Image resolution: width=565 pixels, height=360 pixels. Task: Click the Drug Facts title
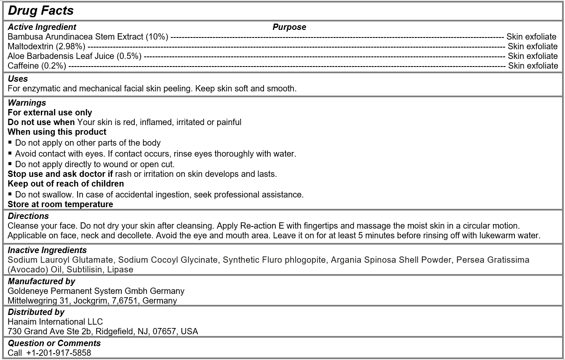(x=41, y=11)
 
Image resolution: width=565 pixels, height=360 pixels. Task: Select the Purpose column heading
(x=289, y=27)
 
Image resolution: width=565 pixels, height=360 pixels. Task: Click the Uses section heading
(x=18, y=79)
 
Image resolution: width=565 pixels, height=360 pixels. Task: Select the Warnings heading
(x=27, y=103)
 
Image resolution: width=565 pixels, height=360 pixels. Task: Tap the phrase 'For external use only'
(x=50, y=112)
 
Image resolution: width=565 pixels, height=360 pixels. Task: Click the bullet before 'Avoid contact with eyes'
(x=10, y=153)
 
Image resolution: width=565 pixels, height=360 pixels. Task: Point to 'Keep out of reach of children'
(x=66, y=184)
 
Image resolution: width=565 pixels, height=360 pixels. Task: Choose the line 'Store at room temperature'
(x=60, y=205)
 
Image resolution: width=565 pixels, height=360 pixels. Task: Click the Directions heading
(x=28, y=216)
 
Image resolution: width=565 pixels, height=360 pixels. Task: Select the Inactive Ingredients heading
(x=47, y=251)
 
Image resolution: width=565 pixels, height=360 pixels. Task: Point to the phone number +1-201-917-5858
(x=59, y=353)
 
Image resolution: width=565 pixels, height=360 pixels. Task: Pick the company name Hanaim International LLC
(x=55, y=322)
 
